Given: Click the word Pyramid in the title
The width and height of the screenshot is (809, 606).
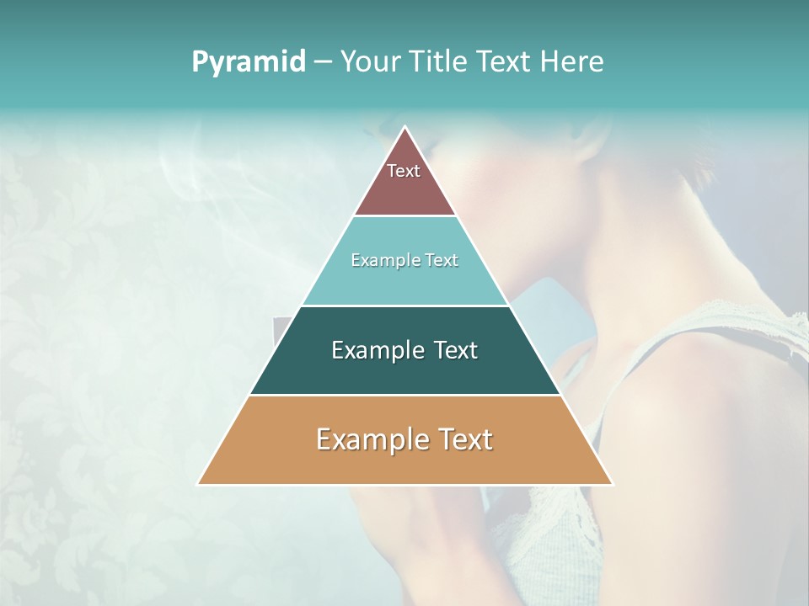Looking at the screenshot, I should (248, 62).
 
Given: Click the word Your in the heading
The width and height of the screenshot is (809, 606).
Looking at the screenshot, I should (371, 61).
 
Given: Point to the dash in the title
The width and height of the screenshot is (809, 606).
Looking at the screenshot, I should (322, 62).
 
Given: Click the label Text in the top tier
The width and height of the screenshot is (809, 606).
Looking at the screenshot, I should (404, 171).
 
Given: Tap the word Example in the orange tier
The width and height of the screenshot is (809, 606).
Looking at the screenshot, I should (368, 439).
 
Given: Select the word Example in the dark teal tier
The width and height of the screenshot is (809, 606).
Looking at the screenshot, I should (376, 350).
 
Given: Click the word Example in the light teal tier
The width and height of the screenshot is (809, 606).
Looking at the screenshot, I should (381, 261).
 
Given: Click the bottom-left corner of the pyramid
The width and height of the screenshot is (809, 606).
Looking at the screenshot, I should (198, 484).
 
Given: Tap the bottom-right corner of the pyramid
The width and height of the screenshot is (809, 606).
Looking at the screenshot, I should (613, 484).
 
